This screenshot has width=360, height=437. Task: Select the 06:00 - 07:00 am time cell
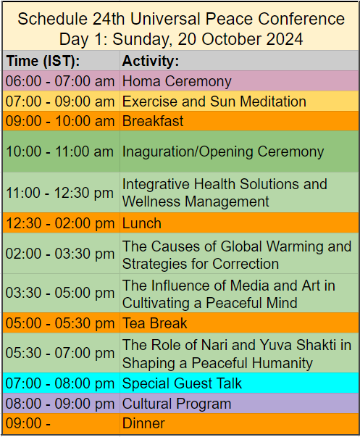pyautogui.click(x=61, y=81)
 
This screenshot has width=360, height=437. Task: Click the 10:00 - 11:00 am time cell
pyautogui.click(x=61, y=151)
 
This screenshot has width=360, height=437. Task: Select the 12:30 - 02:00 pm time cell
pyautogui.click(x=61, y=223)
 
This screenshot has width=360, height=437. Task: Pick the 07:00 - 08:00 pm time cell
pyautogui.click(x=61, y=383)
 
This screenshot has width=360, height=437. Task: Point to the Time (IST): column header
pyautogui.click(x=43, y=61)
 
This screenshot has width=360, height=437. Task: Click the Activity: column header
pyautogui.click(x=151, y=61)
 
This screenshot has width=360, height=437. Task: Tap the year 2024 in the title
pyautogui.click(x=283, y=38)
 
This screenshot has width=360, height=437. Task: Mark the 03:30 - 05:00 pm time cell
pyautogui.click(x=61, y=294)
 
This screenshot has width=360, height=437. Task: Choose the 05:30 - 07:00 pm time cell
pyautogui.click(x=61, y=354)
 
